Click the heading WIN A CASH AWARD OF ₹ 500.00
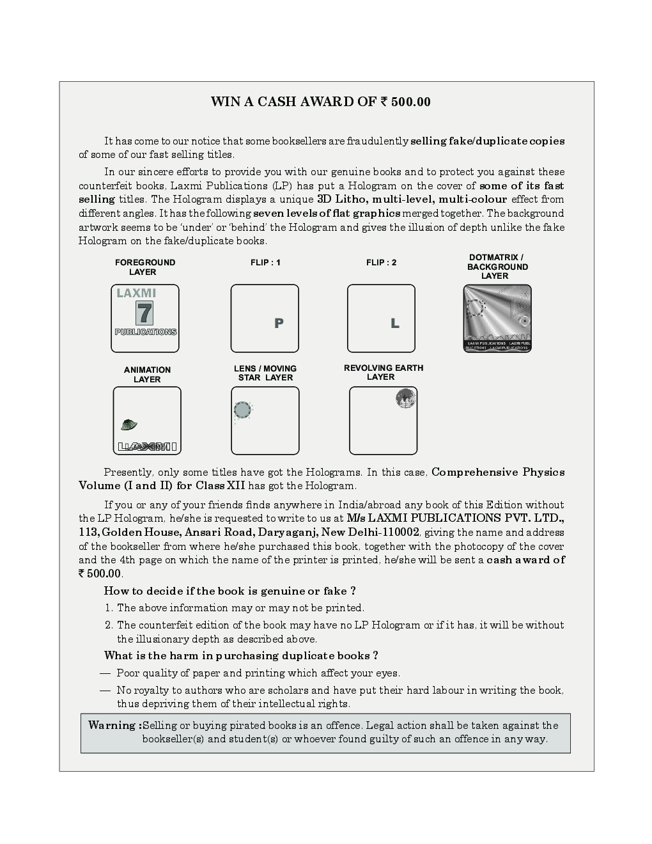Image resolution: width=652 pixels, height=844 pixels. click(x=320, y=102)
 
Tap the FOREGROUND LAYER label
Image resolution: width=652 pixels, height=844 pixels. click(x=144, y=267)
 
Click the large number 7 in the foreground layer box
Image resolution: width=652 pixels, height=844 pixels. click(x=145, y=313)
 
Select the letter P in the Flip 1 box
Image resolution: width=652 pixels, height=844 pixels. click(x=279, y=324)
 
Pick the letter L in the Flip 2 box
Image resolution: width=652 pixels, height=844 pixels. click(x=395, y=324)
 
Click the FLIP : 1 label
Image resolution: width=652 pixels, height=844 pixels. click(x=265, y=263)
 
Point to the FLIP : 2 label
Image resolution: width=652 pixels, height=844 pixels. click(x=381, y=263)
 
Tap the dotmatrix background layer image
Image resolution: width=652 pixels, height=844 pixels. click(x=497, y=318)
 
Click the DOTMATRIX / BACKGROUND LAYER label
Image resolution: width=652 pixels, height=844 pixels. click(x=497, y=267)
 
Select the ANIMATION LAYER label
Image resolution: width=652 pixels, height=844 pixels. click(x=147, y=375)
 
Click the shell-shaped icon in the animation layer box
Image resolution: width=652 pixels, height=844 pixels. click(x=128, y=424)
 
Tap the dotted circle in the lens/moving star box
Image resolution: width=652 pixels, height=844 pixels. click(x=243, y=410)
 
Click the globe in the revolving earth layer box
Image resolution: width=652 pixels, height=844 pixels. click(x=405, y=399)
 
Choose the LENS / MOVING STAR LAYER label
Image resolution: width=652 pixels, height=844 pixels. click(x=265, y=373)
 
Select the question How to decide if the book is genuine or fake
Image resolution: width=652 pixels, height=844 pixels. click(x=229, y=591)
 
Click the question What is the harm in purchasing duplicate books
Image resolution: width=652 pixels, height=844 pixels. click(x=241, y=655)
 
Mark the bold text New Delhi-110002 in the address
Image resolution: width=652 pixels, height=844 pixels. click(x=370, y=533)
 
